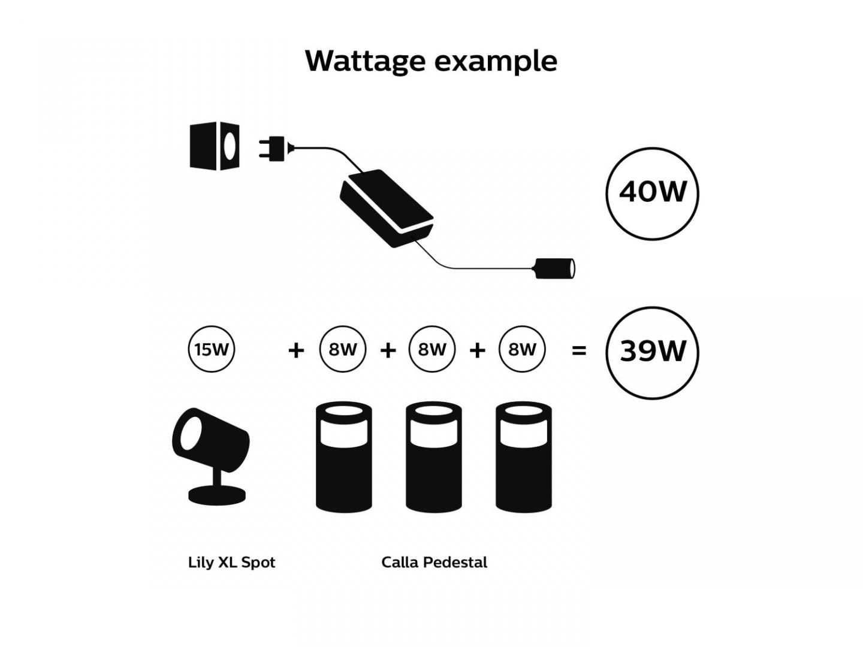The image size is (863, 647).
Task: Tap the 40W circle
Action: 652,193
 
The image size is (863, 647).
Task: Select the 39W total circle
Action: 652,352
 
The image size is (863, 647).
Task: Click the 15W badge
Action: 212,349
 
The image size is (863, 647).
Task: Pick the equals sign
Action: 579,350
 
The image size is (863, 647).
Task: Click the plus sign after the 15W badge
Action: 296,350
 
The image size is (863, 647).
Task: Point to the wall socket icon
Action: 215,146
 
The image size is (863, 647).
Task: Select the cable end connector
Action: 554,268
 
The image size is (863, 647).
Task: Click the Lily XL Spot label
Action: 231,563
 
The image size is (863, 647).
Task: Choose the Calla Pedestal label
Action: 434,563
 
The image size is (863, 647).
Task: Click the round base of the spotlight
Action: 217,495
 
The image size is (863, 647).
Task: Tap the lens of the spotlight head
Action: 191,432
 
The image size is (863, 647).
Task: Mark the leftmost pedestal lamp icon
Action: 344,458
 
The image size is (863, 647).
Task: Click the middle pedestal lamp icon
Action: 434,458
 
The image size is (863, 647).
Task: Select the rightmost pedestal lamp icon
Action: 524,458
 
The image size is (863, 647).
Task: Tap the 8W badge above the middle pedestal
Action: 432,349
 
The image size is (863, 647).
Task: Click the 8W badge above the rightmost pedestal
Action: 522,349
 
